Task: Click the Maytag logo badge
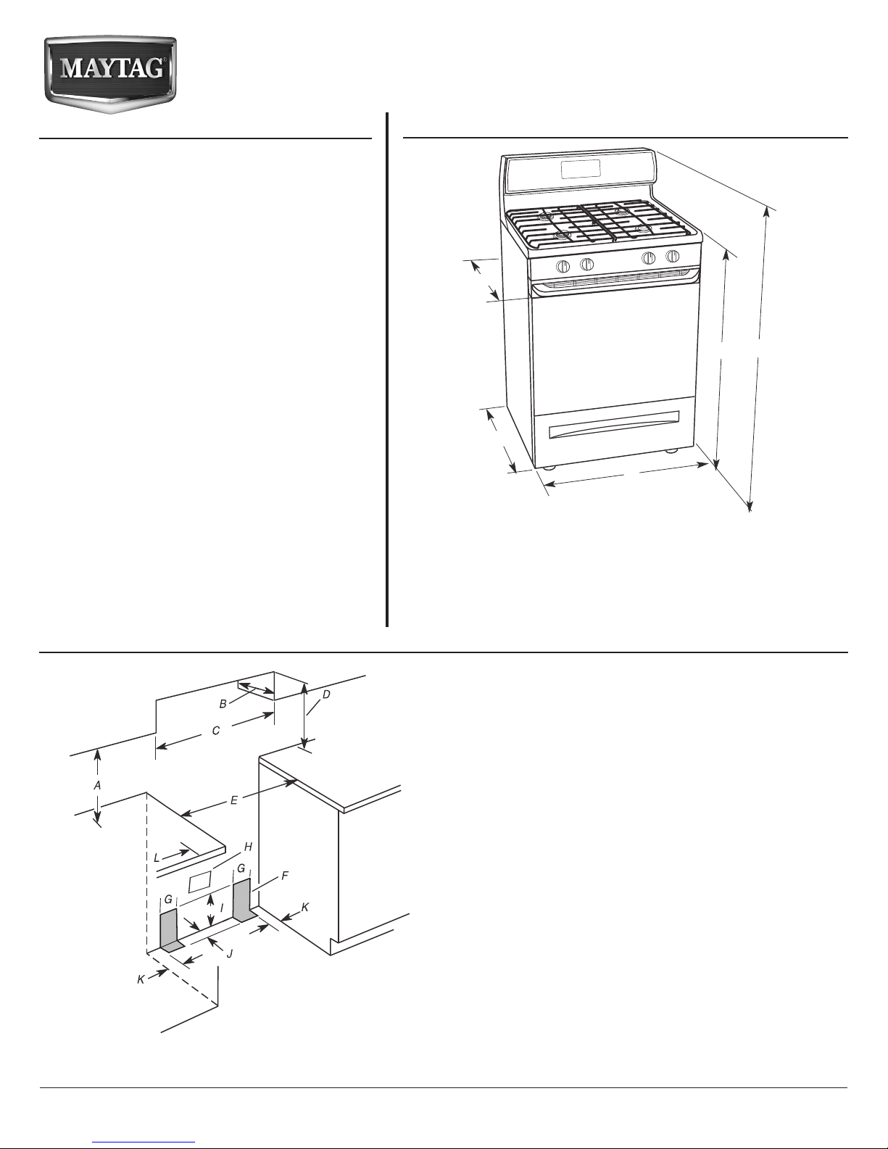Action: tap(110, 75)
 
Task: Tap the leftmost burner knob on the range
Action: tap(563, 265)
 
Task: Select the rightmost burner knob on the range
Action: tap(673, 257)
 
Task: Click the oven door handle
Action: tap(615, 281)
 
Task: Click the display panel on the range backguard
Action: tap(581, 170)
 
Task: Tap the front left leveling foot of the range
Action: tap(549, 468)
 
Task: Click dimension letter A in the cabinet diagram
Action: tap(97, 786)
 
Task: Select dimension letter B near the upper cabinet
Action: tap(223, 704)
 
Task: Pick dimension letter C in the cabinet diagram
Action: tap(216, 731)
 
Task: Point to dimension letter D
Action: tap(326, 694)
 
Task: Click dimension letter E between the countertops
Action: tap(234, 800)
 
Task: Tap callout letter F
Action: tap(284, 876)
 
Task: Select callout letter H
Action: tap(248, 847)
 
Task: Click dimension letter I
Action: tap(222, 908)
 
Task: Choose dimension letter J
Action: tap(229, 954)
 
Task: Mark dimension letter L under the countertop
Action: tap(157, 858)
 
